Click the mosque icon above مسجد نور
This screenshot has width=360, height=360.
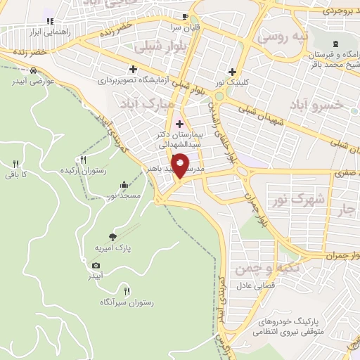pos(124,185)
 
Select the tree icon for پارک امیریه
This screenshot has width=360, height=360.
pos(113,237)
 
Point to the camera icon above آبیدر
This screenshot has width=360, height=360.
pos(96,265)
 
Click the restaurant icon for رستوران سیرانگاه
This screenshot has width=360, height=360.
pos(127,290)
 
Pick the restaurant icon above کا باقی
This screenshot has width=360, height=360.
pos(14,164)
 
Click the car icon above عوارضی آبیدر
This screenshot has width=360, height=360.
pos(33,70)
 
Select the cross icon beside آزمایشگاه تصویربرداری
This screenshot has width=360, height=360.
pos(133,69)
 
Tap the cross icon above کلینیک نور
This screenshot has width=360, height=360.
pos(232,71)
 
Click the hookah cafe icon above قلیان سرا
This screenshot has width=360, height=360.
pos(185,16)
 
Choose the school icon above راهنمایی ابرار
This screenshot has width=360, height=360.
pos(48,20)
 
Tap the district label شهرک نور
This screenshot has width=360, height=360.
pos(309,200)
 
